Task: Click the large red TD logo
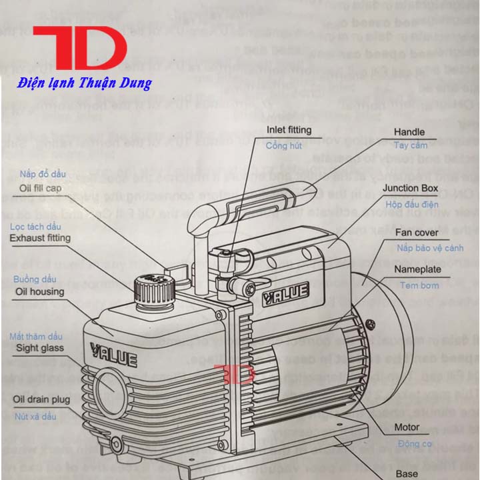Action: [79, 49]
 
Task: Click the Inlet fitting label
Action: [289, 130]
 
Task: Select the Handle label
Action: [409, 132]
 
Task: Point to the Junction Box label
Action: [409, 188]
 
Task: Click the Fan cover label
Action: [416, 233]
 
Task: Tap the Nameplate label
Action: [417, 269]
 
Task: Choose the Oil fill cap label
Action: [39, 189]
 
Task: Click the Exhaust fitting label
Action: [39, 237]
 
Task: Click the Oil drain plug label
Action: [41, 399]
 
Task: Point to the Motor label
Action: [407, 427]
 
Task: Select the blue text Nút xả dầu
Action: [35, 417]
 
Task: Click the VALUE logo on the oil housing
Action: [114, 354]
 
